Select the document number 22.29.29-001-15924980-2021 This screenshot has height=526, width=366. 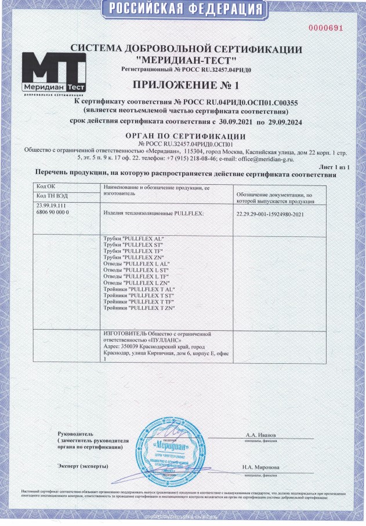coord(271,213)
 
